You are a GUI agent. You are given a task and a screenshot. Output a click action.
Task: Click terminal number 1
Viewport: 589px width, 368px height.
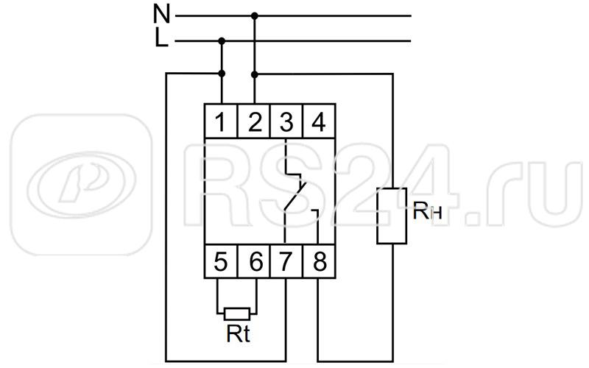pos(222,119)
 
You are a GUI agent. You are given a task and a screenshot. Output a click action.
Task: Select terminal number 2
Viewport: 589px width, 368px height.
pos(255,119)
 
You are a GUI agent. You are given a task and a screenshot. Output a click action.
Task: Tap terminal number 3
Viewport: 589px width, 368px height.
pos(286,119)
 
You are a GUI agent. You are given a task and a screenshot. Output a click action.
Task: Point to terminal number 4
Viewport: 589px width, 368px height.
pos(319,119)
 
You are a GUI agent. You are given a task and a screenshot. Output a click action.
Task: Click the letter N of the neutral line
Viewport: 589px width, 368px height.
pos(161,13)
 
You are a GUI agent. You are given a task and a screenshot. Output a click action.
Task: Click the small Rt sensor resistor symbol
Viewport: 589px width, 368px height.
pos(238,314)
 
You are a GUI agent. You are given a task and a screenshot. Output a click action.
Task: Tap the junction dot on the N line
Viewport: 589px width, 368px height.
pos(255,15)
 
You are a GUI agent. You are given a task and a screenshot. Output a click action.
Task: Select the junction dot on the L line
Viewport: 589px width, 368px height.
pos(222,42)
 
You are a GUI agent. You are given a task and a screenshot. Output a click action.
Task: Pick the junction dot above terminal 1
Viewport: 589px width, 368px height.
pos(222,74)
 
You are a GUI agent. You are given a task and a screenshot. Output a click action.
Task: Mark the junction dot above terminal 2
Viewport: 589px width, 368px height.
pos(255,74)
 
